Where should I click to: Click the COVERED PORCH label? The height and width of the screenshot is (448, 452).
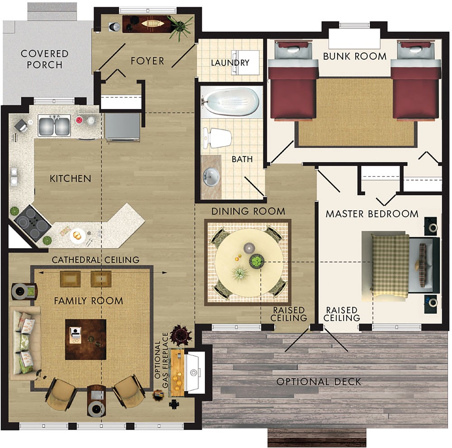click(44, 59)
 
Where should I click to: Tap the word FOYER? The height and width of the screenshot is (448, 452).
click(147, 60)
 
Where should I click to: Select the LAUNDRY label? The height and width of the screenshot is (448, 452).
click(230, 63)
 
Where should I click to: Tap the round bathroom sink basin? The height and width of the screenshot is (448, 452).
click(211, 177)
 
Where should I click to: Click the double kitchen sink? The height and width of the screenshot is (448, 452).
click(54, 125)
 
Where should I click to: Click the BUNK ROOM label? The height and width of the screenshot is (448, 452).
click(354, 56)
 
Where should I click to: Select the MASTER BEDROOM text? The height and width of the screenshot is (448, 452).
click(372, 213)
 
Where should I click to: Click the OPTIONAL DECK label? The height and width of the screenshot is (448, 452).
click(319, 382)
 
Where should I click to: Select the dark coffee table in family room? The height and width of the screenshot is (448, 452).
click(86, 339)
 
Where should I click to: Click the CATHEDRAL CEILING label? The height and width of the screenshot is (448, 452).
click(95, 260)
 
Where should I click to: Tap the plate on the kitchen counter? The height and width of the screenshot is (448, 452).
click(76, 235)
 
